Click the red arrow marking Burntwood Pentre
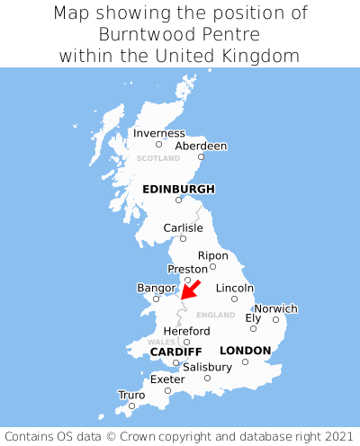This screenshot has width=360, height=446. pos(190,290)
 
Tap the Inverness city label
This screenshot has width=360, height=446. pos(159,133)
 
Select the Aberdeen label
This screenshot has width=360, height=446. pos(201,146)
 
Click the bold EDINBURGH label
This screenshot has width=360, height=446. pos(178,189)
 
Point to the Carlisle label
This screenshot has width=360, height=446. pos(183,227)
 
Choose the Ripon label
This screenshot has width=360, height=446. pos(213,255)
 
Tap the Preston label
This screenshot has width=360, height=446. pos(187,269)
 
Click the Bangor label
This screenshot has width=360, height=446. pos(155,288)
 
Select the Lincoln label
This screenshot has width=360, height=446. pos(235,288)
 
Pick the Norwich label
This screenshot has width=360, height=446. pos(275,308)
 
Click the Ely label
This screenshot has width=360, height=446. pos(253,318)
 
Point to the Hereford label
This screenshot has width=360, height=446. pos(186,331)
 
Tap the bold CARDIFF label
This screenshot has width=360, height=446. pos(175,351)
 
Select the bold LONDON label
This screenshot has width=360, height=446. pos(245,350)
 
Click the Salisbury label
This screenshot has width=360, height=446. pos(207,367)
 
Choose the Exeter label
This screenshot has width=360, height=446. pos(167,379)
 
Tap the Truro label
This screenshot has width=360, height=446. pos(131,395)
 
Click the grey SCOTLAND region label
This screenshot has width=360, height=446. pos(158,158)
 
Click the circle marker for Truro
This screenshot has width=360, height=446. pos(131,406)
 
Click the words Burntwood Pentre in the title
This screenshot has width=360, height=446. pos(180,34)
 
